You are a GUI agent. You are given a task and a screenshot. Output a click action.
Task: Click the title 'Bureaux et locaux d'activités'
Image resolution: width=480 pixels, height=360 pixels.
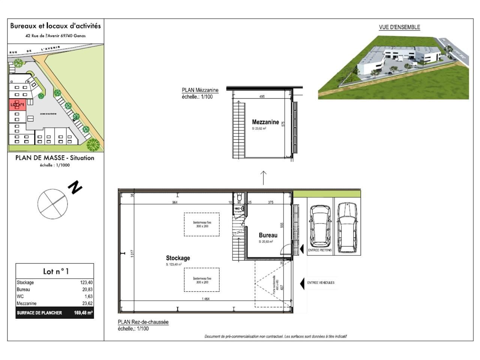55,26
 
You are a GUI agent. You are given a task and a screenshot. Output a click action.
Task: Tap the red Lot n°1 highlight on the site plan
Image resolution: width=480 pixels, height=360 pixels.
18,105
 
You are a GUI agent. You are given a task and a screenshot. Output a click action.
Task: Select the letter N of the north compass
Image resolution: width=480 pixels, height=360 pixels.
75,187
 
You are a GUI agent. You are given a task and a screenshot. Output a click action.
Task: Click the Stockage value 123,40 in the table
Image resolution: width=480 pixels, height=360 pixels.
86,282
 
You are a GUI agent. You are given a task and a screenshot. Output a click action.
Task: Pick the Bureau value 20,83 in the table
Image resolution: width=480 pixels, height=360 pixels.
87,289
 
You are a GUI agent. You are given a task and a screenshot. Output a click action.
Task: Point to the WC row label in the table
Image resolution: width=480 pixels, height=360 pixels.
20,296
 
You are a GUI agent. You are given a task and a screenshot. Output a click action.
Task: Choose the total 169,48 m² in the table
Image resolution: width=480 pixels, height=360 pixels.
83,313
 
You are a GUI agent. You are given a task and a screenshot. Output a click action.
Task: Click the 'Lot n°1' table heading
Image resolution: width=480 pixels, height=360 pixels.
55,271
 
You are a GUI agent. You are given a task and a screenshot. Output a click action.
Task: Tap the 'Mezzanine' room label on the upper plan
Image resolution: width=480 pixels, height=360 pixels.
265,122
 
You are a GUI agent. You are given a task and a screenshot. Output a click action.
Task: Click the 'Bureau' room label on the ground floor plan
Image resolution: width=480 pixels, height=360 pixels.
268,235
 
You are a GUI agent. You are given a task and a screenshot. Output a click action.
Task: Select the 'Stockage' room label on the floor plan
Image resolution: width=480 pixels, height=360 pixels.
178,258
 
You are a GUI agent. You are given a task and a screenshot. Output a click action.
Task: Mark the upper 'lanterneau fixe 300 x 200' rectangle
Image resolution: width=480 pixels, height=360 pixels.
202,224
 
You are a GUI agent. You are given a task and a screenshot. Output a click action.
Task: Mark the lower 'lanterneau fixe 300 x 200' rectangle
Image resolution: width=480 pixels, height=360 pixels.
202,280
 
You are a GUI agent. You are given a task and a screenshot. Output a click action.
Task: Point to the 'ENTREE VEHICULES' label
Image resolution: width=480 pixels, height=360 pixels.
321,283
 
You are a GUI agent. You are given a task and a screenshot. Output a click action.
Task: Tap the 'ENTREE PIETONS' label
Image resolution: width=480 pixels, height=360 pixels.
320,250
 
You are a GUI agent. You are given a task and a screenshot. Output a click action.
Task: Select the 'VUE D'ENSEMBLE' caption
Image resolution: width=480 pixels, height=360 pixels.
399,27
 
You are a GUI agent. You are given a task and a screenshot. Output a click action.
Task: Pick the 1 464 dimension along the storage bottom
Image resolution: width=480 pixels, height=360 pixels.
205,298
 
